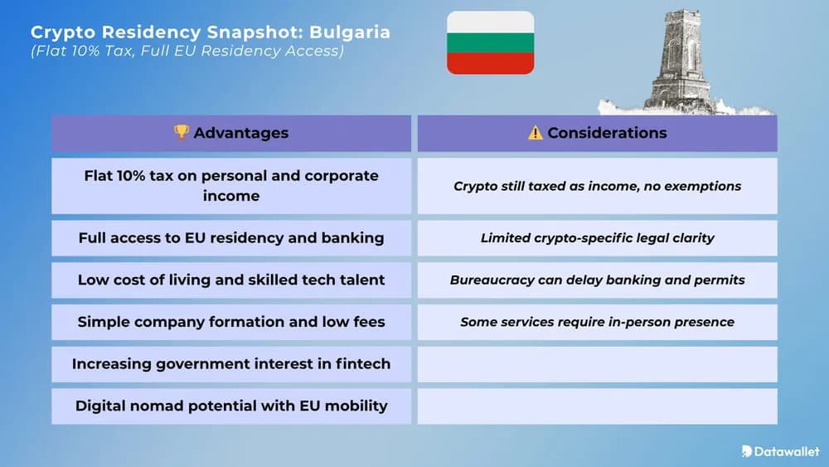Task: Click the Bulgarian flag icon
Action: (x=490, y=42)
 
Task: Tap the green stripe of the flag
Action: (x=490, y=42)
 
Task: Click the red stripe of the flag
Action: (x=490, y=63)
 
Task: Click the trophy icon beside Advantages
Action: (x=182, y=133)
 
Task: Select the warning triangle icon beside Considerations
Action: (x=536, y=133)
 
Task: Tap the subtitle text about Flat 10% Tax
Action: (x=187, y=51)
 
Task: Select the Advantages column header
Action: (x=231, y=133)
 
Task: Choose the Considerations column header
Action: (x=598, y=133)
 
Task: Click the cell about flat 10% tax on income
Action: (x=231, y=186)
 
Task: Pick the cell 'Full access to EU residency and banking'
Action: (x=231, y=238)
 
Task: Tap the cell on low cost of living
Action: (x=231, y=280)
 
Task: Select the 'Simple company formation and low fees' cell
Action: (x=231, y=322)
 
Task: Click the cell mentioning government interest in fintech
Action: (x=231, y=364)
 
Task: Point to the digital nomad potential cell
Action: (x=231, y=406)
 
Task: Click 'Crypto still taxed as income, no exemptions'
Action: (x=598, y=186)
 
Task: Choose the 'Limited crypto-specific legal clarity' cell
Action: (x=598, y=238)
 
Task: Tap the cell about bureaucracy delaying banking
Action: (x=598, y=280)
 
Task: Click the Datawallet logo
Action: (x=780, y=451)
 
